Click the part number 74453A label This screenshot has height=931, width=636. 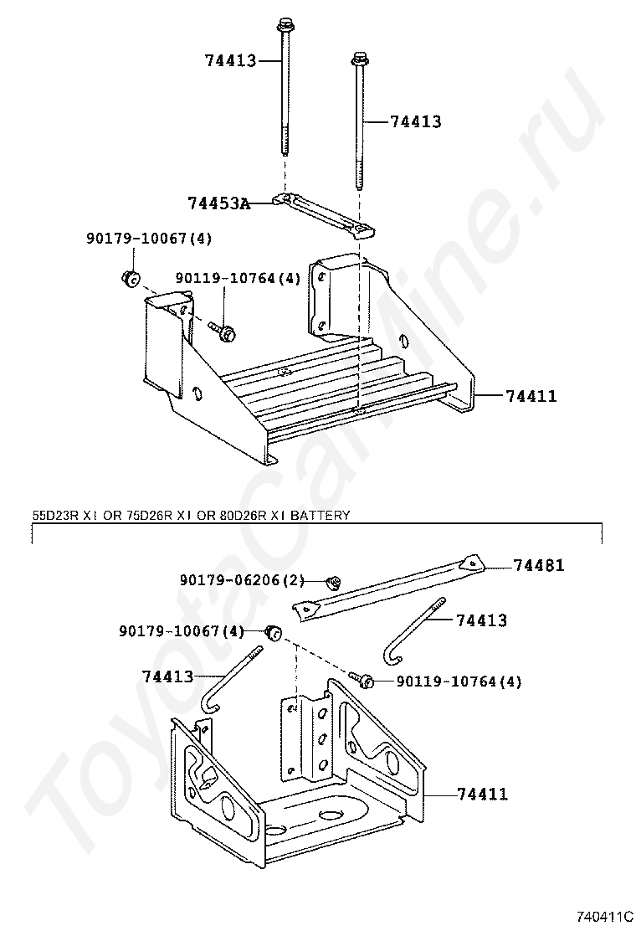pos(218,203)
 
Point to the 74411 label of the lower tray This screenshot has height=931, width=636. pos(481,794)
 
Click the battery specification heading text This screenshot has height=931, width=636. pos(190,516)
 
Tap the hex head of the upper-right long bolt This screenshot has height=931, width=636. pos(360,59)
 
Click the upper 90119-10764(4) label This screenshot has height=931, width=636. pos(238,278)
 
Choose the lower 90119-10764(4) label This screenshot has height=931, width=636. pos(458,682)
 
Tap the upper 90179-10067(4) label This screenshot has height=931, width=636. pos(149,239)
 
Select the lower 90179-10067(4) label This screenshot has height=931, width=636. pos(181,630)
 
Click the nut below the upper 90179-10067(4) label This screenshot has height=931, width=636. pos(130,278)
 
